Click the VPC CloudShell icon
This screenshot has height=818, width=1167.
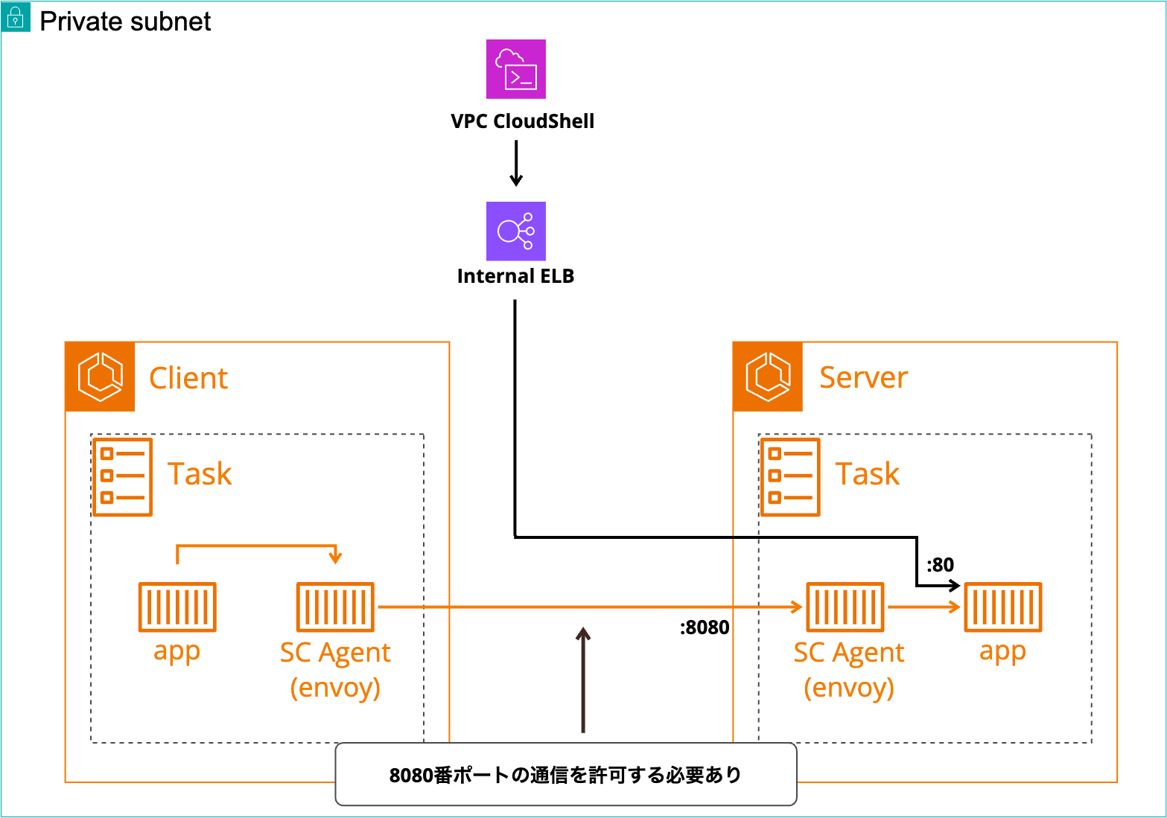coord(515,69)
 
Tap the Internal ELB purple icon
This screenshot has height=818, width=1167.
coord(515,231)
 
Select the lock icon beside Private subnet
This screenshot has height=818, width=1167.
coord(16,18)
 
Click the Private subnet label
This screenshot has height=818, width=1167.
coord(125,22)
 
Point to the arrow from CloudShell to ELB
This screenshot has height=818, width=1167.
coord(515,163)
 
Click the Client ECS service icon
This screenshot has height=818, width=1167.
coord(101,377)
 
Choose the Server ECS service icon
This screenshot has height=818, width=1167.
coord(768,377)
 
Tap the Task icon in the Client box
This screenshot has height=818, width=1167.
coord(123,477)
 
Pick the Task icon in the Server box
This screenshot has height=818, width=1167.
coord(790,477)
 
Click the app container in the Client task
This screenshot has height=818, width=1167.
coord(177,607)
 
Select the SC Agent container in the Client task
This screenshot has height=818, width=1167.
coord(335,607)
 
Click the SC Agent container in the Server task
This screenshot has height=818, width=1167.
coord(845,607)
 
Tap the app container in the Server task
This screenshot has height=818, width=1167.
coord(1002,607)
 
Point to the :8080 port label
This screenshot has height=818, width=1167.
coord(705,627)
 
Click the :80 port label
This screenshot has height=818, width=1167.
coord(940,565)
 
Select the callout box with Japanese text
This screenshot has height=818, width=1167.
coord(566,774)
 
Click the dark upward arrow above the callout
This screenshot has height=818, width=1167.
coord(583,680)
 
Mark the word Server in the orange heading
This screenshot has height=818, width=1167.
coord(863,378)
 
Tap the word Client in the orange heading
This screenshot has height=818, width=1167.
coord(188,378)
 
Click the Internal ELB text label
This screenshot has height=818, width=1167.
coord(515,276)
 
